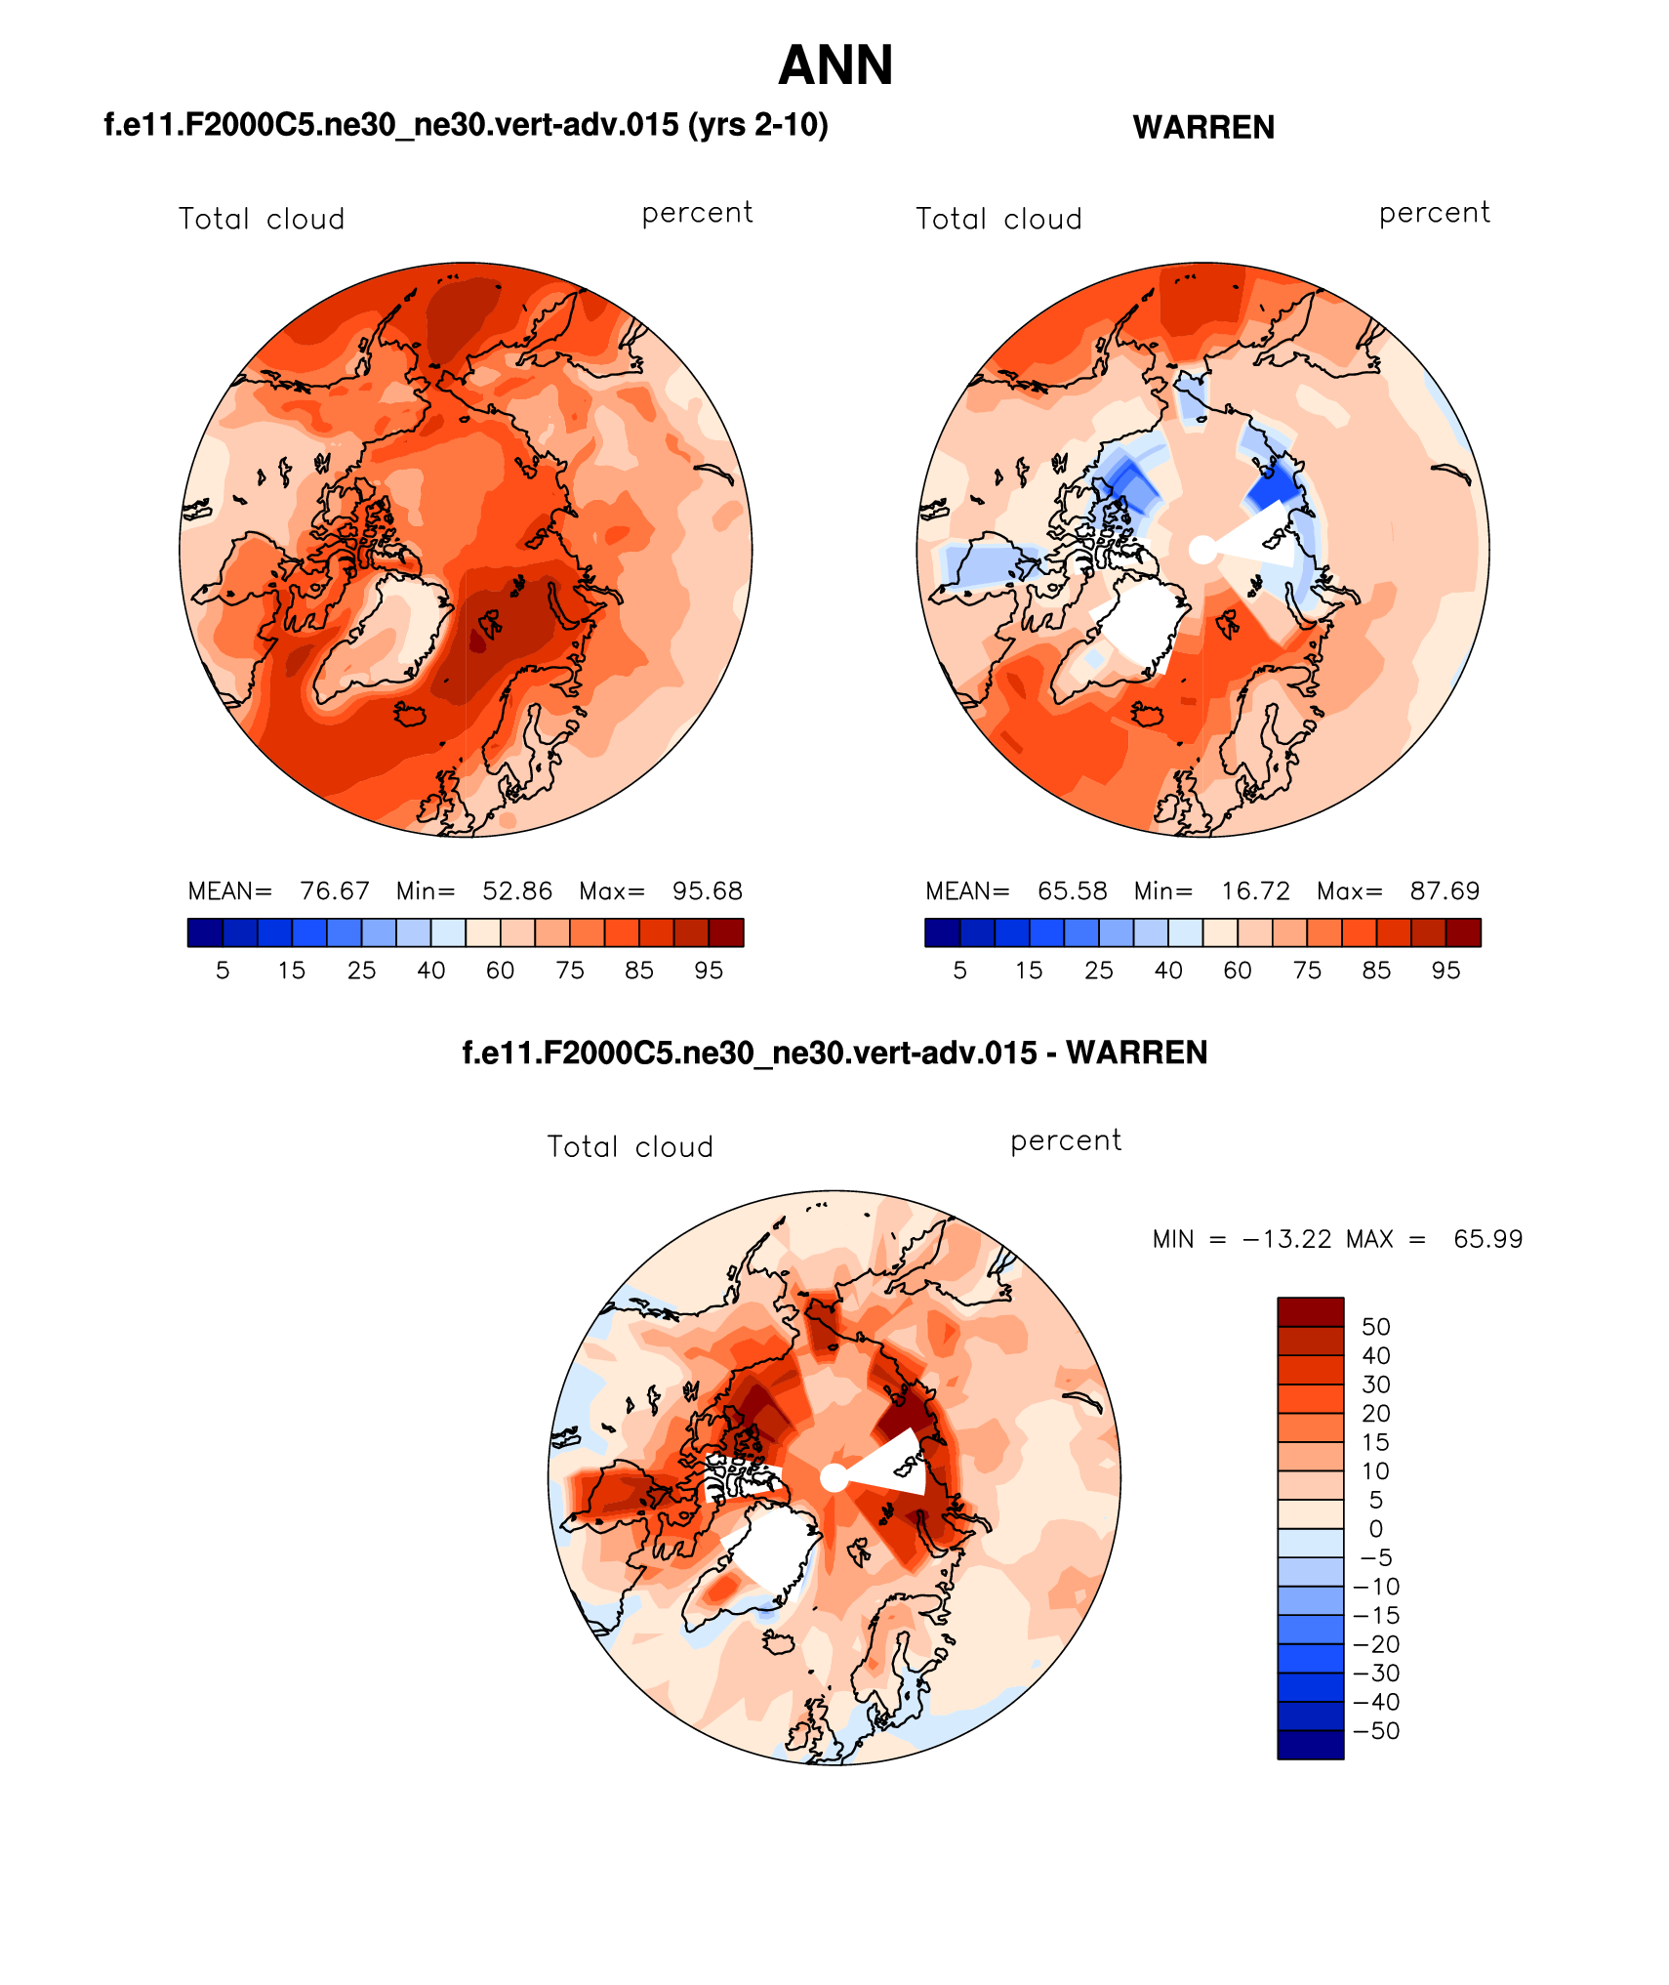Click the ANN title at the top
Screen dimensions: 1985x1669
pos(835,66)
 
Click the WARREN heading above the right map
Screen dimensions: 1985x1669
pos(1203,128)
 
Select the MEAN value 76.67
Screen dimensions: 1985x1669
pos(335,891)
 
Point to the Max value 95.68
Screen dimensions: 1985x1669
pos(708,891)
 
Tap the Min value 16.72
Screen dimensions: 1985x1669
pos(1255,891)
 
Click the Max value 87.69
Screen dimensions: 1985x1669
pos(1445,891)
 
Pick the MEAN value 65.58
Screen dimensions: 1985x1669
pos(1073,891)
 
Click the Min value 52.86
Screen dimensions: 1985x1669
pos(517,891)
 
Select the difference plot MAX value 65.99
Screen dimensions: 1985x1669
pos(1487,1239)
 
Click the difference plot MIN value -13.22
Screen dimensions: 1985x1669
pos(1286,1239)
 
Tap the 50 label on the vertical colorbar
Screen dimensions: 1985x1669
pos(1376,1327)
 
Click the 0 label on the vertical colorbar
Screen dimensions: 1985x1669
pos(1376,1529)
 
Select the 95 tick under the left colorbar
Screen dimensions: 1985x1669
pos(709,971)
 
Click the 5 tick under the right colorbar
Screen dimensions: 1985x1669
pos(960,971)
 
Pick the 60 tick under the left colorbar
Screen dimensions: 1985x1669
pos(501,971)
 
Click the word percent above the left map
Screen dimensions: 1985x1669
pos(697,213)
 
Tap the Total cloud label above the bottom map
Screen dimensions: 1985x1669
pos(631,1146)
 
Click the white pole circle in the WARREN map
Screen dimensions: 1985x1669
pos(1202,550)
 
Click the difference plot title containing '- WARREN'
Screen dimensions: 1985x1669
pos(834,1053)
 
